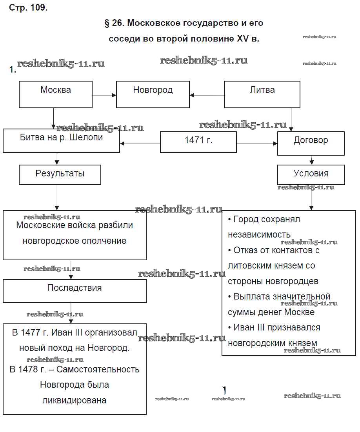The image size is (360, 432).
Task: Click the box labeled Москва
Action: tap(56, 94)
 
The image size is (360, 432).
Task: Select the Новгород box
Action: tap(153, 94)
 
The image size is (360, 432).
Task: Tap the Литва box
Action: tap(262, 94)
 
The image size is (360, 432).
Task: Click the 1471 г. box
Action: tap(198, 142)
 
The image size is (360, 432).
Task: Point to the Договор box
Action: tap(311, 143)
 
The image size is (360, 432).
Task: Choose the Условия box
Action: tap(311, 174)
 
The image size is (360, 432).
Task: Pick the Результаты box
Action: tap(60, 174)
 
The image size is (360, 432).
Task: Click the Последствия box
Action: tap(75, 291)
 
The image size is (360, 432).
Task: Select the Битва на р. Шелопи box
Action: tap(61, 141)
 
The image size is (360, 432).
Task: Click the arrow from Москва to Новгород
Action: tap(104, 95)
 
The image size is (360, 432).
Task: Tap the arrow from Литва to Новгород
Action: tap(207, 95)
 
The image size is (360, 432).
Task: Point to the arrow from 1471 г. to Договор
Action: tap(257, 144)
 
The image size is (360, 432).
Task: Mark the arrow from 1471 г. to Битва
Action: tap(140, 144)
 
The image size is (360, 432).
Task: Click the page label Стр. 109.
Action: tap(28, 8)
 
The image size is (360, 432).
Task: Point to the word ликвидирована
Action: tap(75, 401)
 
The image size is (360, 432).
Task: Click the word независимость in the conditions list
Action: tap(259, 234)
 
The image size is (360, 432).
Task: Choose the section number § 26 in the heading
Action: tap(114, 23)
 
